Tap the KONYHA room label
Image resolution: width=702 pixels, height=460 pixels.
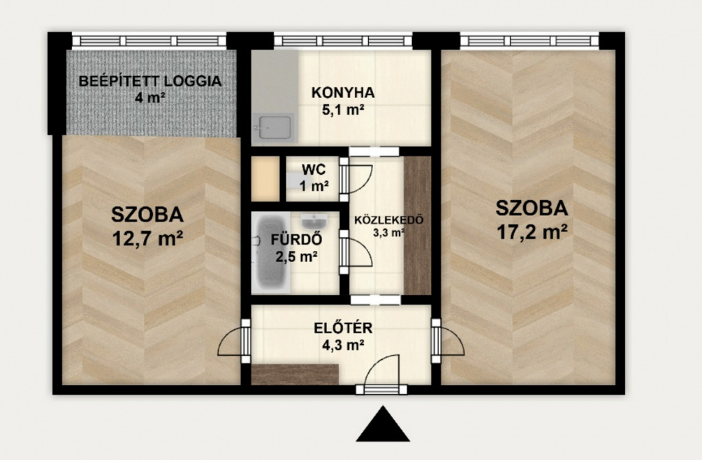343,93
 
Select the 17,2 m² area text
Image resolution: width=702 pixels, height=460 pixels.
532,232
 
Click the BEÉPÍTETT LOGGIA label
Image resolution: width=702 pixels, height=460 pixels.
150,81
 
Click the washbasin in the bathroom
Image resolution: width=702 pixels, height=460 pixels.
314,221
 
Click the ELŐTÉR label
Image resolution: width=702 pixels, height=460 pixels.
343,328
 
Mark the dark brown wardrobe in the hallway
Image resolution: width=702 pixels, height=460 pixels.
417,226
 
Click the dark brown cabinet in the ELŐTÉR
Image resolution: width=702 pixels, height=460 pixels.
295,374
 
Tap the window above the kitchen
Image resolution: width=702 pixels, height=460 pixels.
343,40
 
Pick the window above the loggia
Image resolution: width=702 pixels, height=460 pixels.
149,40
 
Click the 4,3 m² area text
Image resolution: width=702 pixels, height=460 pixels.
343,345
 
